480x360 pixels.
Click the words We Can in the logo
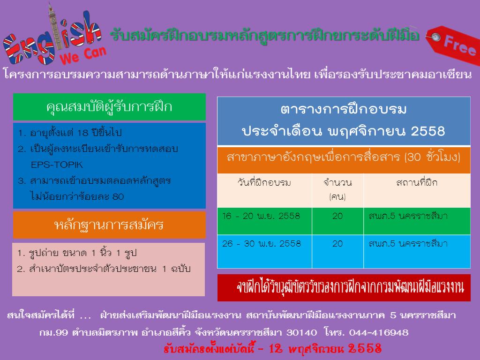point(83,55)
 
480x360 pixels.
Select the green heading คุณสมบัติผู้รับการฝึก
point(109,107)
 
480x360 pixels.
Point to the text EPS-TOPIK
point(57,165)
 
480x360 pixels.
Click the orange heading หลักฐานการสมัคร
point(109,225)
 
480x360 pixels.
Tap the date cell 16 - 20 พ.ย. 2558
point(261,216)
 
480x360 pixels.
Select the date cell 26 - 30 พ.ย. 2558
point(262,244)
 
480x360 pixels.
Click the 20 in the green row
point(337,216)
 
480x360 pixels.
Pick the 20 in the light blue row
point(337,244)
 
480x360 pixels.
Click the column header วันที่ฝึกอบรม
point(264,182)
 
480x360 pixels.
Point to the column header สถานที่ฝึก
point(417,182)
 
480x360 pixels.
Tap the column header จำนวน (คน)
point(337,189)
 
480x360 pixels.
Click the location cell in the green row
point(408,216)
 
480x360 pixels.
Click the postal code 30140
point(301,332)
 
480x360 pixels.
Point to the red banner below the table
point(344,288)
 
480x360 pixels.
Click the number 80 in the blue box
point(118,196)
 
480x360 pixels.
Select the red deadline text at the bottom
point(272,349)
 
